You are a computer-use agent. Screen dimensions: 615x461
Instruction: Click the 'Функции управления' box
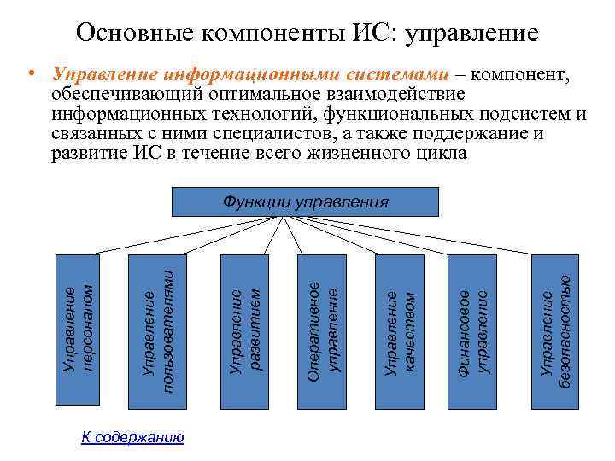pyautogui.click(x=306, y=201)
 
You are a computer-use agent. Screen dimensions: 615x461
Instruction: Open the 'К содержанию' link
pyautogui.click(x=132, y=438)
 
